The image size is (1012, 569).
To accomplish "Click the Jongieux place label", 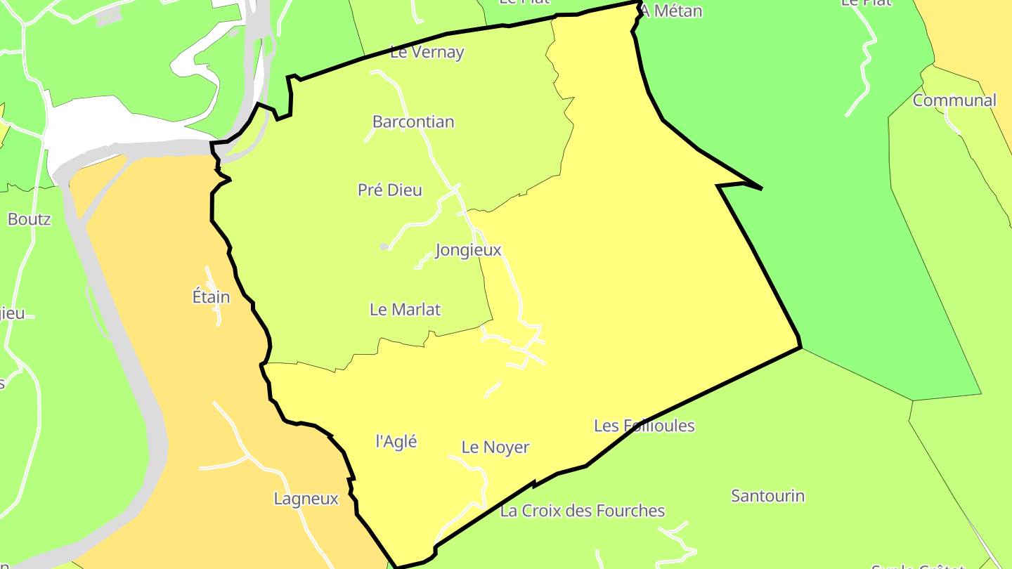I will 468,250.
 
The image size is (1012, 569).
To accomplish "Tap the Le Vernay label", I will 427,52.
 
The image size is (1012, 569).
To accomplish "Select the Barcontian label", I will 413,122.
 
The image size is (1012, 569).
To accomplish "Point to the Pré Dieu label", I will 390,190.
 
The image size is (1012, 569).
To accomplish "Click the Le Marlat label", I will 406,309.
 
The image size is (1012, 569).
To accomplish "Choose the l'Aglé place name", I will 396,441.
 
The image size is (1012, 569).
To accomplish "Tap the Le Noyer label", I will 495,447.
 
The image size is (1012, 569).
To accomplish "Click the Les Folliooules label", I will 644,426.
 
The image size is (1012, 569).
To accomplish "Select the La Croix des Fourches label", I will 583,511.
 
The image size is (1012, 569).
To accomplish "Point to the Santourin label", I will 768,496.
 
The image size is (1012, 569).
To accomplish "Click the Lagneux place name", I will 306,499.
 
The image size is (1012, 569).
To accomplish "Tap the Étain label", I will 211,297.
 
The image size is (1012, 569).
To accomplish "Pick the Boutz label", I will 30,219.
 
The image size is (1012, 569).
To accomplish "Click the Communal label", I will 954,100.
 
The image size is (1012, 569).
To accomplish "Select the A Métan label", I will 671,11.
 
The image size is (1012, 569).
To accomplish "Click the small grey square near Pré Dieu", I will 384,246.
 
